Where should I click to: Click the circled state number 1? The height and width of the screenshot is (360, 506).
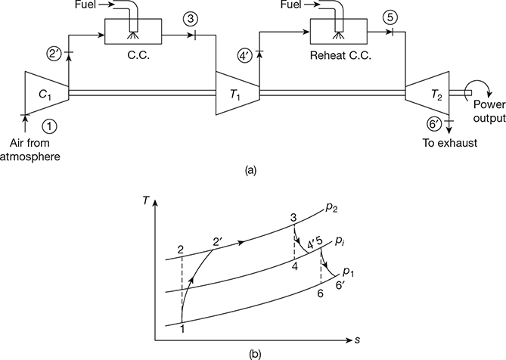pos(29,126)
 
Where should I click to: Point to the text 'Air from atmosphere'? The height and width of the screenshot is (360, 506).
pos(29,150)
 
